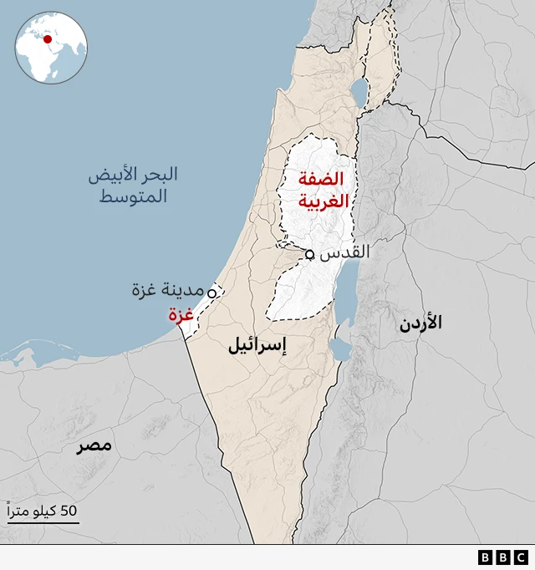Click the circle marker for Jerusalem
click(x=309, y=254)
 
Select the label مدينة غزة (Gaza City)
click(x=167, y=290)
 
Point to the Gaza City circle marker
click(x=211, y=293)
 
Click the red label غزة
click(x=181, y=314)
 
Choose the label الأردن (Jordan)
click(x=420, y=322)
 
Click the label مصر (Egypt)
click(x=94, y=445)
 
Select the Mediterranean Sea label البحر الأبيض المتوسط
click(x=133, y=186)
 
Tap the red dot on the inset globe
click(x=48, y=39)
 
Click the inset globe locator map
click(x=51, y=47)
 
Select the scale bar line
click(x=43, y=523)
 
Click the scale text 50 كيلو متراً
click(x=43, y=510)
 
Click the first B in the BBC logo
click(x=486, y=557)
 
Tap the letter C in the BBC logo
click(x=521, y=557)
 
